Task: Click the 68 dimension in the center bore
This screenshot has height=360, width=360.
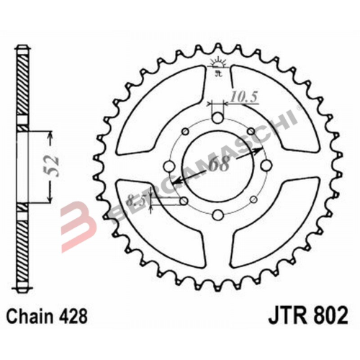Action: (219, 164)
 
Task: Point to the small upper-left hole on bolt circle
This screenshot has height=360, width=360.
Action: (184, 132)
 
